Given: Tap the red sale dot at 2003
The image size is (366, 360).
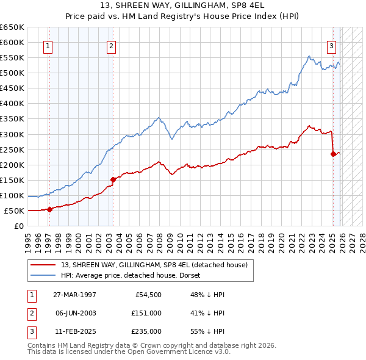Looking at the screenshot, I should pos(113,179).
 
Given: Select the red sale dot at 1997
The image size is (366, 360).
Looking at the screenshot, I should pos(49,209).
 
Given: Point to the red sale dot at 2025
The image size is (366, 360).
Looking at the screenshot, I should pos(333,154).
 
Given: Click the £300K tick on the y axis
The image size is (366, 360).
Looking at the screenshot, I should pos(12,134).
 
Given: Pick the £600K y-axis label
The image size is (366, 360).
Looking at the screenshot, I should pos(12,42).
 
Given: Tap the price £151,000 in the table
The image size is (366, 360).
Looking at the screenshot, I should pos(146,313).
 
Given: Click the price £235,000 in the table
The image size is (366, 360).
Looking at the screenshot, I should pos(146,331).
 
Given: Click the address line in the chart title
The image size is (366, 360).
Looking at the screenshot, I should pos(183,7).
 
